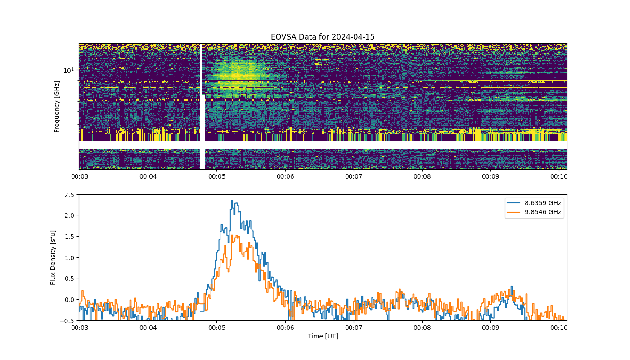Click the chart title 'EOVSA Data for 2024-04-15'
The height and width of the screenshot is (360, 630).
pyautogui.click(x=323, y=37)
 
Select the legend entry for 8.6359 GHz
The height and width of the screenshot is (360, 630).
pyautogui.click(x=534, y=203)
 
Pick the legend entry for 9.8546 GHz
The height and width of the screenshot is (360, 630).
pyautogui.click(x=534, y=212)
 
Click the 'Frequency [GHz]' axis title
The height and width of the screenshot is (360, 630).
pyautogui.click(x=57, y=107)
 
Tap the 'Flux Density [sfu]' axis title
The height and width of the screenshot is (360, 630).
pyautogui.click(x=53, y=257)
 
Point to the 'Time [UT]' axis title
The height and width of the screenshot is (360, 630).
pyautogui.click(x=323, y=336)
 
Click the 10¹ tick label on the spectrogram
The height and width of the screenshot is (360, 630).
pyautogui.click(x=69, y=70)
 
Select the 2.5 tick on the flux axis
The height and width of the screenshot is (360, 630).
pyautogui.click(x=69, y=195)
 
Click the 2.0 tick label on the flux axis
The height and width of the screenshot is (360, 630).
pyautogui.click(x=69, y=216)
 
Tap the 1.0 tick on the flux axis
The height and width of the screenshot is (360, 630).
pyautogui.click(x=69, y=258)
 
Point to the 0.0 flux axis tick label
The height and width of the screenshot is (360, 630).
pyautogui.click(x=69, y=300)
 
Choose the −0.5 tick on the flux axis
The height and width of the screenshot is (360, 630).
pyautogui.click(x=67, y=321)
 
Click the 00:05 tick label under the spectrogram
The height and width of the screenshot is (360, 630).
pyautogui.click(x=217, y=176)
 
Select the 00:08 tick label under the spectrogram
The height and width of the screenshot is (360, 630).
pyautogui.click(x=422, y=176)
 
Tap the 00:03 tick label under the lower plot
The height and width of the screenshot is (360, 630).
pyautogui.click(x=80, y=328)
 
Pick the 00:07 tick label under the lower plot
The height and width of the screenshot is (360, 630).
pyautogui.click(x=354, y=328)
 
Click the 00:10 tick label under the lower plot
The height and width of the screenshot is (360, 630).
pyautogui.click(x=559, y=328)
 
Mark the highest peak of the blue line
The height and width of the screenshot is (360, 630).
pyautogui.click(x=232, y=201)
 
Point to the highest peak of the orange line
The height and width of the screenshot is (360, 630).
pyautogui.click(x=232, y=235)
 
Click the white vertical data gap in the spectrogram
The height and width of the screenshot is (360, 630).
pyautogui.click(x=202, y=106)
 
